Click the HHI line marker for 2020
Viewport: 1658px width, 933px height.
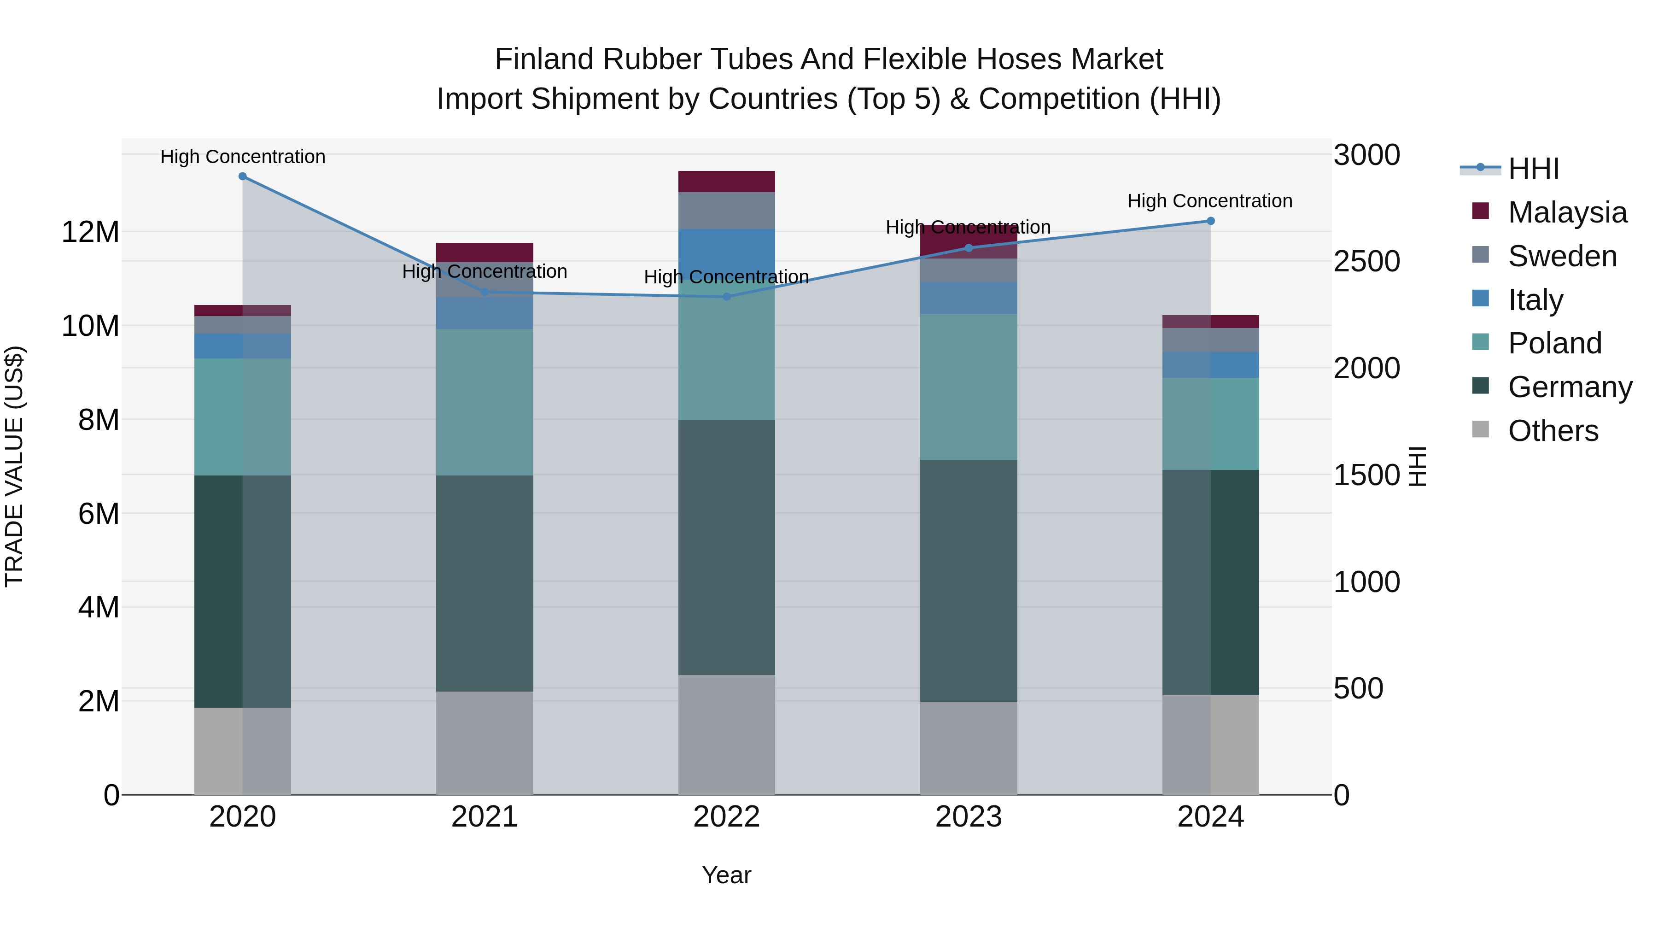pyautogui.click(x=243, y=176)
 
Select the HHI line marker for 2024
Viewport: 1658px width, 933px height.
pyautogui.click(x=1210, y=221)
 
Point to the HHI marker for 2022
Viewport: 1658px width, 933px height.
pyautogui.click(x=727, y=297)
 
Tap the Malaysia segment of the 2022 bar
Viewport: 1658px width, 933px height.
pyautogui.click(x=727, y=182)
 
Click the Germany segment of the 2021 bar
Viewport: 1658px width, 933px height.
pyautogui.click(x=485, y=583)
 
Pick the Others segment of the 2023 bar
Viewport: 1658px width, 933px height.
pyautogui.click(x=969, y=748)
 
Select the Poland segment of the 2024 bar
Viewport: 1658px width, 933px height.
pyautogui.click(x=1210, y=424)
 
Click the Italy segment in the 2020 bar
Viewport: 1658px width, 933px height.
pyautogui.click(x=243, y=346)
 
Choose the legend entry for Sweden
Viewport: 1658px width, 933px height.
pyautogui.click(x=1562, y=256)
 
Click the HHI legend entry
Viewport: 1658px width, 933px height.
pyautogui.click(x=1533, y=169)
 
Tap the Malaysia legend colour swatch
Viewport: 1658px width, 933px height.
pyautogui.click(x=1480, y=211)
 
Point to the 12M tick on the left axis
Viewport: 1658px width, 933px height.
pyautogui.click(x=90, y=232)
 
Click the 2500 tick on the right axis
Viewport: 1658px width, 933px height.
pyautogui.click(x=1366, y=261)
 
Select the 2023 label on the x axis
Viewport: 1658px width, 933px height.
pyautogui.click(x=969, y=817)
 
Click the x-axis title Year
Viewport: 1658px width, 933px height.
pyautogui.click(x=727, y=875)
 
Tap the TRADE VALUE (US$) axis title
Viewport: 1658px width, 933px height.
pyautogui.click(x=14, y=466)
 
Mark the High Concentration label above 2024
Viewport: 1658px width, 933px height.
pyautogui.click(x=1210, y=201)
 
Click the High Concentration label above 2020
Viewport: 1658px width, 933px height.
pyautogui.click(x=243, y=157)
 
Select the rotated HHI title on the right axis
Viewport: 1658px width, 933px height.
pyautogui.click(x=1418, y=466)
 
